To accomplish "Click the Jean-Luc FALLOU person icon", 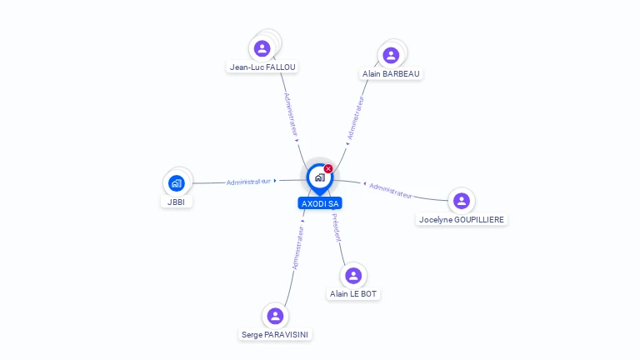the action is [x=262, y=48].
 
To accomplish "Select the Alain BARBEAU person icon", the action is [x=391, y=55].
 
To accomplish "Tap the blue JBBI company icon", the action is [x=177, y=183].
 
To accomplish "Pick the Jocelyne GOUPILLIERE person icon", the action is [x=462, y=201].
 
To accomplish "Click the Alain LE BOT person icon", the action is [x=353, y=276].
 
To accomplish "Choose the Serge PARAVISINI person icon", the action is [x=275, y=316].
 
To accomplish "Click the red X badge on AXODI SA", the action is [x=328, y=168].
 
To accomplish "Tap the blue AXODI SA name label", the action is [x=320, y=203].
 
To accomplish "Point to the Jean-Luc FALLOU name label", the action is [x=262, y=67].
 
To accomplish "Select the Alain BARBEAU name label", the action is [x=391, y=74].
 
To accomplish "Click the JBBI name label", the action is [x=177, y=202].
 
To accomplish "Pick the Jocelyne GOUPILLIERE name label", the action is [x=462, y=220].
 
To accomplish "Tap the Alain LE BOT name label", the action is [x=353, y=294].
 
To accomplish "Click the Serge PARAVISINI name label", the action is [x=275, y=335].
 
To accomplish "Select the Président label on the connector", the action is [x=337, y=227].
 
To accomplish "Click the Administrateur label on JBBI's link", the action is [x=248, y=182].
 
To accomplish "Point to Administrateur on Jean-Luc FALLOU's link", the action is [x=291, y=115].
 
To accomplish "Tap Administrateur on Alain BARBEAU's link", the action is [x=356, y=118].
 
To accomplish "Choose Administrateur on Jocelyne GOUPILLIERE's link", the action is [x=391, y=191].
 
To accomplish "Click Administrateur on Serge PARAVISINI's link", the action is [x=298, y=247].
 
